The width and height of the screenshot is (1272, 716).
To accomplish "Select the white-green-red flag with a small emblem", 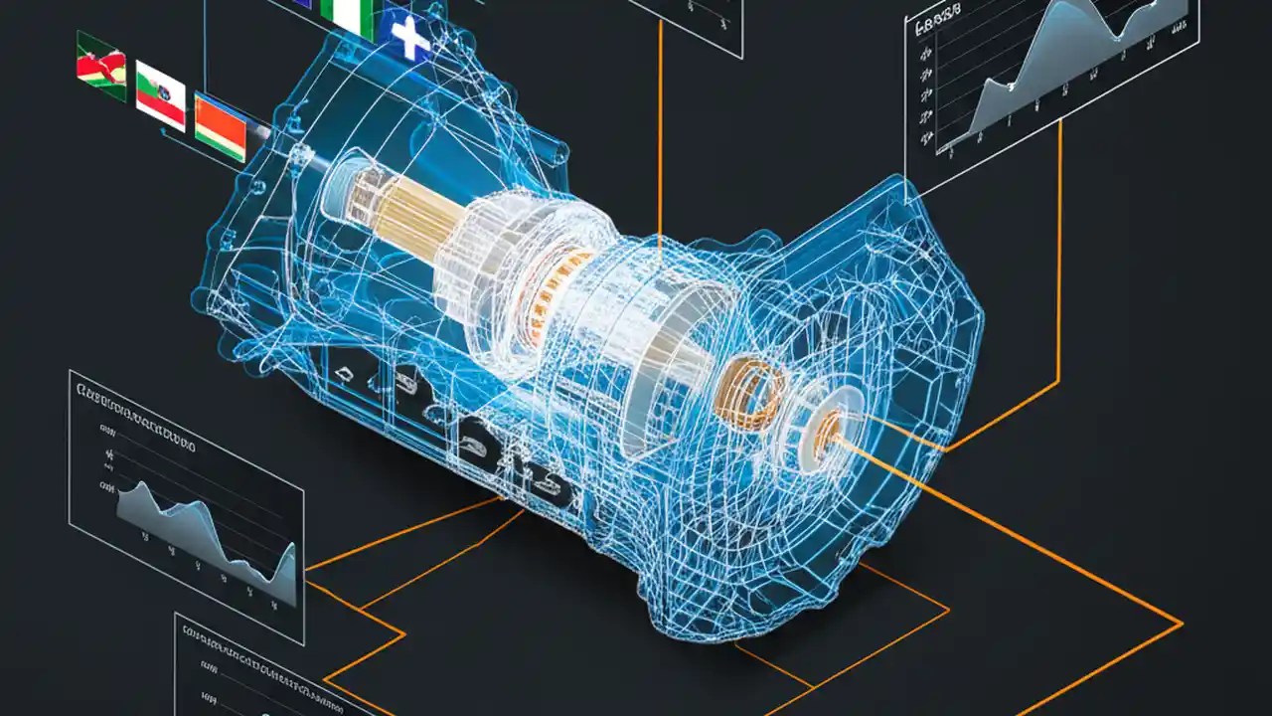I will (x=160, y=94).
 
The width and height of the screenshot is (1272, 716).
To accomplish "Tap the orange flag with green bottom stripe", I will (x=220, y=127).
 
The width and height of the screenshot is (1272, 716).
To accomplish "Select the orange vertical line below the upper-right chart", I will (x=1059, y=259).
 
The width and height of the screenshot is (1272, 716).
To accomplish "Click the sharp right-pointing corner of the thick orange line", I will (x=1181, y=625).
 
